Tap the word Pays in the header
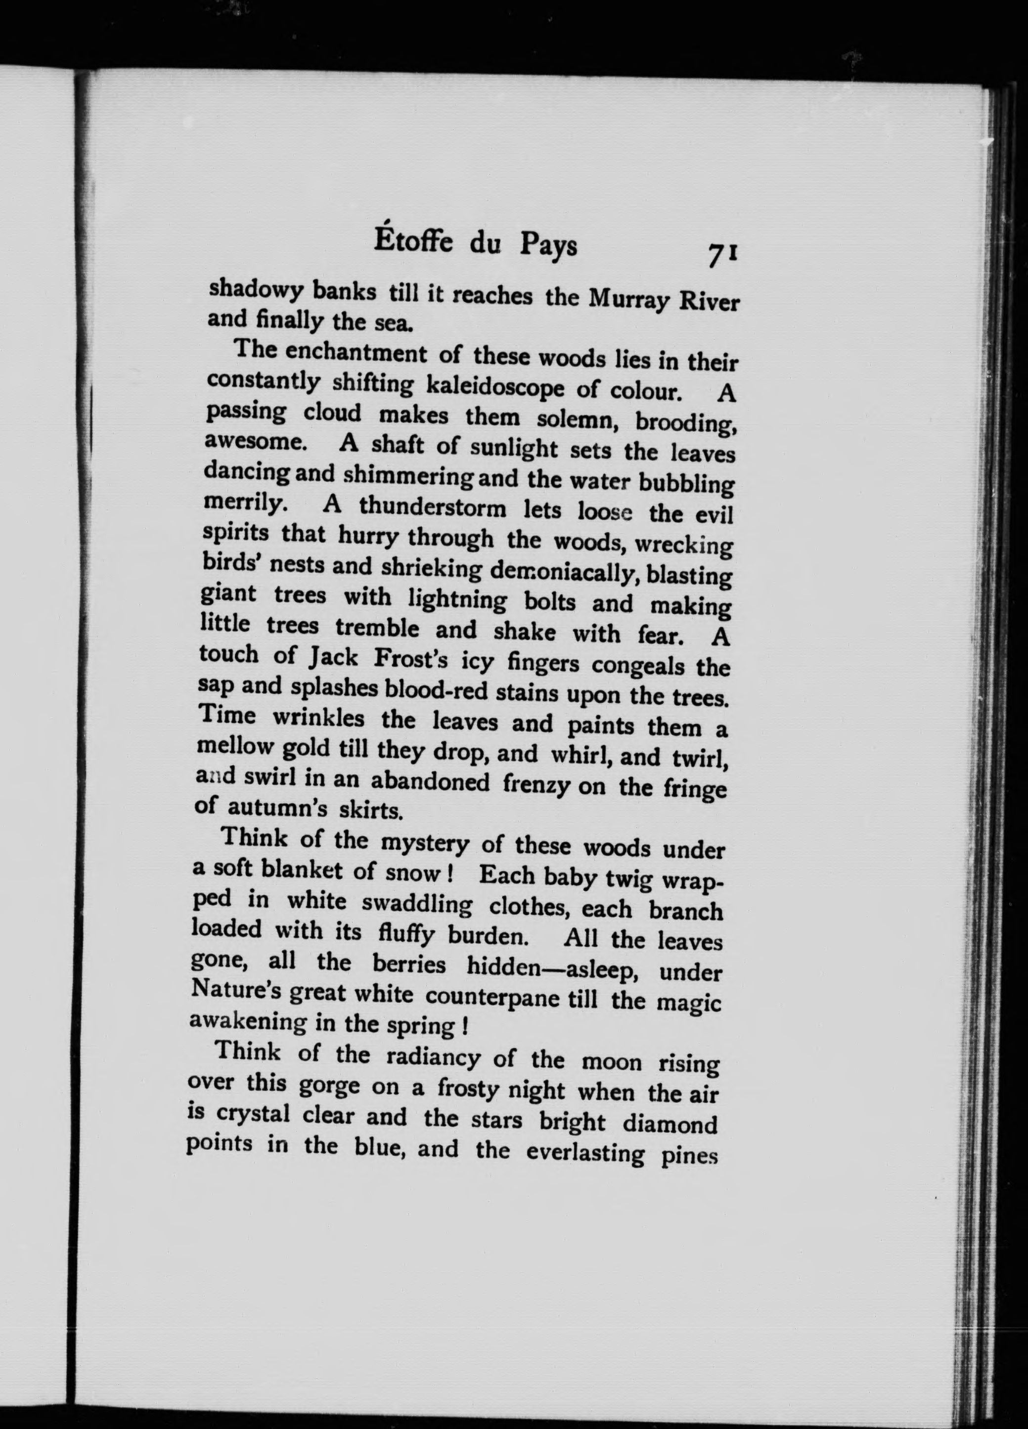547,246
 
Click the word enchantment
355,354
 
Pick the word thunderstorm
432,508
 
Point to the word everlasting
585,1152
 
